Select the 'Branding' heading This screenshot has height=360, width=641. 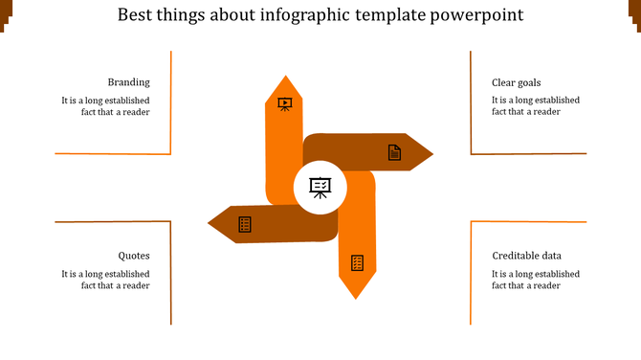click(x=128, y=82)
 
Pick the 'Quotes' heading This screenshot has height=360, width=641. click(x=134, y=256)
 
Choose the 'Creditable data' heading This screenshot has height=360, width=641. click(x=526, y=256)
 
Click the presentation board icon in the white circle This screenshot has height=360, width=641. click(x=320, y=187)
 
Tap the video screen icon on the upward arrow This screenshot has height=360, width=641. click(x=284, y=103)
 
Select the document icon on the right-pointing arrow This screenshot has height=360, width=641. click(x=393, y=152)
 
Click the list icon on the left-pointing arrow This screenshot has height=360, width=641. click(x=245, y=224)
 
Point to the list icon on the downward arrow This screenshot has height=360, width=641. click(x=357, y=262)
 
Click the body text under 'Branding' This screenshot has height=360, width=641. click(x=105, y=105)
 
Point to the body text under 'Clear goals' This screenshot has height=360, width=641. click(x=535, y=105)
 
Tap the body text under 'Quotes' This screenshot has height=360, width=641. click(x=105, y=279)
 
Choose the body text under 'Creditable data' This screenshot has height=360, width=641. click(x=535, y=279)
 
